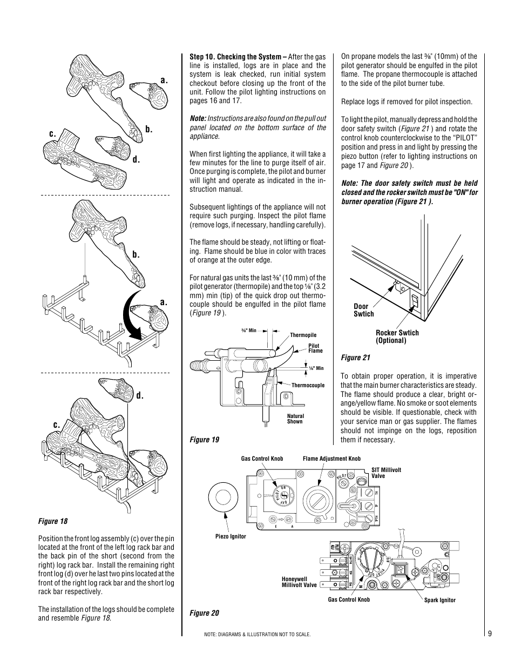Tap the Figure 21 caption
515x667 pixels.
point(355,358)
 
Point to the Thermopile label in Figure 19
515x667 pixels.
point(303,335)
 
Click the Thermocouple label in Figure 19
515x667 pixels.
point(308,385)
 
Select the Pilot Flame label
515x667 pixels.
point(315,348)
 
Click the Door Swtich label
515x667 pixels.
point(363,310)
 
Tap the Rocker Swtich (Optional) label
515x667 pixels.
point(397,336)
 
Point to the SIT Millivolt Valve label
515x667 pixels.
point(386,473)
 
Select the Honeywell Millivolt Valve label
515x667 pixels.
point(299,582)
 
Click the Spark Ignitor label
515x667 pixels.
point(440,600)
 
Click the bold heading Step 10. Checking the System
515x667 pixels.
point(235,56)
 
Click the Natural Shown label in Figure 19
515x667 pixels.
point(295,419)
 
